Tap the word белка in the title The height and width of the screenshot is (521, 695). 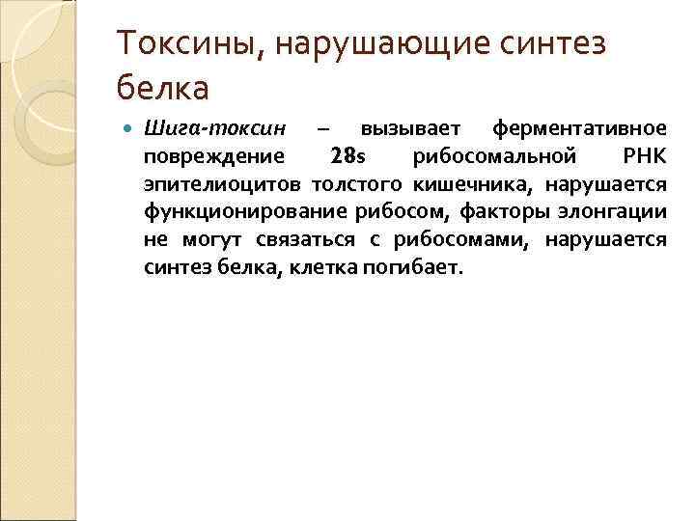(162, 89)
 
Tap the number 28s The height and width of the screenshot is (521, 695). (347, 155)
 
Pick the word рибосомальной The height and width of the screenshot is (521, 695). (495, 155)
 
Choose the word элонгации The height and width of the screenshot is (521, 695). (615, 210)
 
